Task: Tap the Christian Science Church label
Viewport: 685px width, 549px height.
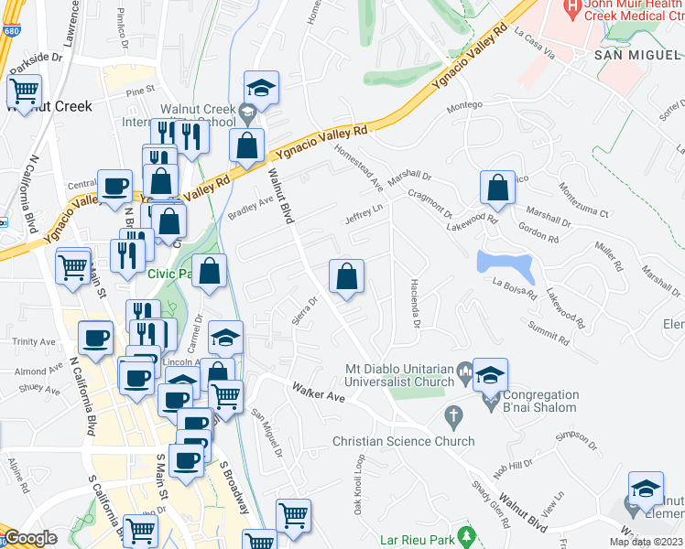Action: pyautogui.click(x=404, y=441)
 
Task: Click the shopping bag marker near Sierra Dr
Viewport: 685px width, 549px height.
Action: pyautogui.click(x=347, y=276)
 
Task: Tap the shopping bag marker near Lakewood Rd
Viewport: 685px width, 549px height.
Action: pyautogui.click(x=496, y=188)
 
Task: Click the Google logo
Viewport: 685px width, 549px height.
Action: pyautogui.click(x=30, y=538)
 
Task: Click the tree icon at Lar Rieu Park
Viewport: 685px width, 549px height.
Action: pyautogui.click(x=468, y=534)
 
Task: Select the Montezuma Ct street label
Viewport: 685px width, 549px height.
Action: pyautogui.click(x=582, y=199)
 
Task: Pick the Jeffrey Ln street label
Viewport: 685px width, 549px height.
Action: pyautogui.click(x=364, y=214)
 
